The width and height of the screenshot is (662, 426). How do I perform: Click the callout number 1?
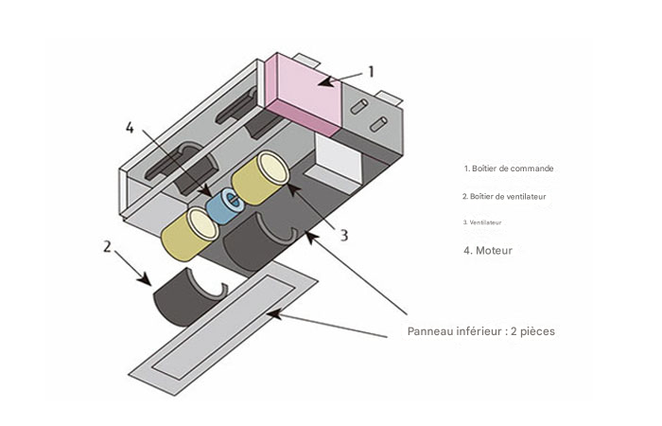point(371,71)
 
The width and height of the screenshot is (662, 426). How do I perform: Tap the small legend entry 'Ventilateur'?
point(482,222)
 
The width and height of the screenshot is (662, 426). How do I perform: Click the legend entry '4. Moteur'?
point(494,251)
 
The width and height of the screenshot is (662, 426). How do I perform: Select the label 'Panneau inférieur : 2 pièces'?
point(481,331)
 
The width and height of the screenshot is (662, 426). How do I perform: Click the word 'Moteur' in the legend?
point(501,251)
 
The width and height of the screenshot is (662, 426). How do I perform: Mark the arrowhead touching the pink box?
point(324,82)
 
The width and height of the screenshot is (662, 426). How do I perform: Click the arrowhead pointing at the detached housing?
point(146,280)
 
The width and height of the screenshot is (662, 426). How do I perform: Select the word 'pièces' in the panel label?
point(535,331)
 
